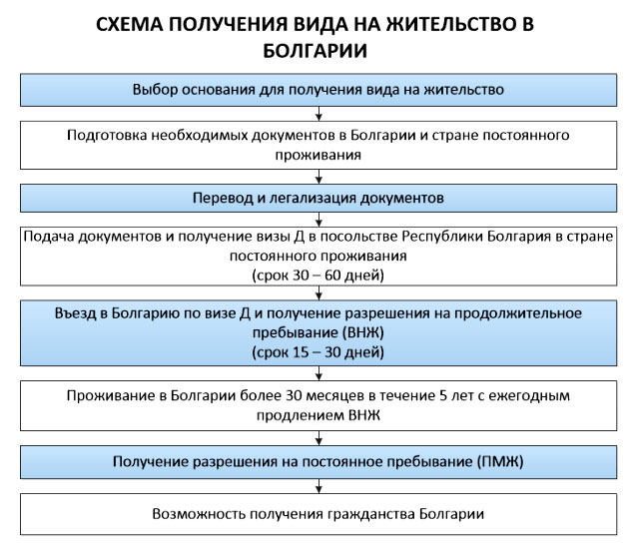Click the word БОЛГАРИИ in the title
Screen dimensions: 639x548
click(316, 51)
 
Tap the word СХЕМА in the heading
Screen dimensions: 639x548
click(129, 24)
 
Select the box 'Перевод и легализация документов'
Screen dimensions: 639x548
click(319, 198)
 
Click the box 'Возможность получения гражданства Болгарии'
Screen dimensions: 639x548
click(319, 514)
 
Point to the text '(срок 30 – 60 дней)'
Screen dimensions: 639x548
click(319, 275)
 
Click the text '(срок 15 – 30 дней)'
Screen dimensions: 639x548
click(319, 352)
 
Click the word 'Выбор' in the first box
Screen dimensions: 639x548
click(155, 89)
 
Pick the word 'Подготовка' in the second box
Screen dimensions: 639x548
click(107, 136)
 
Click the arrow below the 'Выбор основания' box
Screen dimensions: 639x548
click(319, 114)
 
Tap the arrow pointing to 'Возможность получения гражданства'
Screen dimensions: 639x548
click(319, 486)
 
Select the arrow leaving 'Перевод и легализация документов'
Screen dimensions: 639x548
click(319, 220)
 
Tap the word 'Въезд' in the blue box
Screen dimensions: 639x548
click(77, 312)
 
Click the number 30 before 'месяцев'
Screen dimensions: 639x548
click(294, 395)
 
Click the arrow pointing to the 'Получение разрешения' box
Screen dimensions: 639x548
click(319, 438)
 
